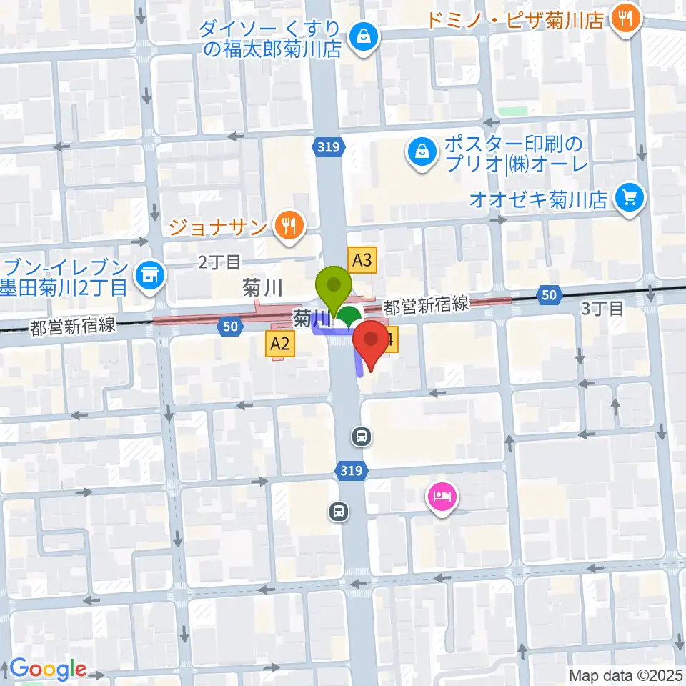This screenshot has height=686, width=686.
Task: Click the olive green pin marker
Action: [x=334, y=287]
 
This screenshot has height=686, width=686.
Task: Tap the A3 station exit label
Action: [x=362, y=260]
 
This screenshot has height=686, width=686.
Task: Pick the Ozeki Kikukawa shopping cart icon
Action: [x=630, y=195]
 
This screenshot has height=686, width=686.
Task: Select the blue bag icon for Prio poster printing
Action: [x=422, y=151]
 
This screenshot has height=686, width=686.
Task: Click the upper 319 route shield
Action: [x=329, y=146]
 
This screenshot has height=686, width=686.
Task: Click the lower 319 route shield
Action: [x=352, y=471]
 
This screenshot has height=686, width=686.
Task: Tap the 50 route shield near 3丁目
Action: [x=548, y=294]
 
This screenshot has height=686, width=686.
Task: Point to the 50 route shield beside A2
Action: [x=229, y=326]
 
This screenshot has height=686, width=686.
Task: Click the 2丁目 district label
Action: [x=219, y=262]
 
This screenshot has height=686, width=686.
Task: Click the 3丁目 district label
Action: [x=603, y=309]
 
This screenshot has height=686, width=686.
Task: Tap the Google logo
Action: [x=48, y=670]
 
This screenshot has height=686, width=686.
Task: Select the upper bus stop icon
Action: [x=362, y=435]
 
